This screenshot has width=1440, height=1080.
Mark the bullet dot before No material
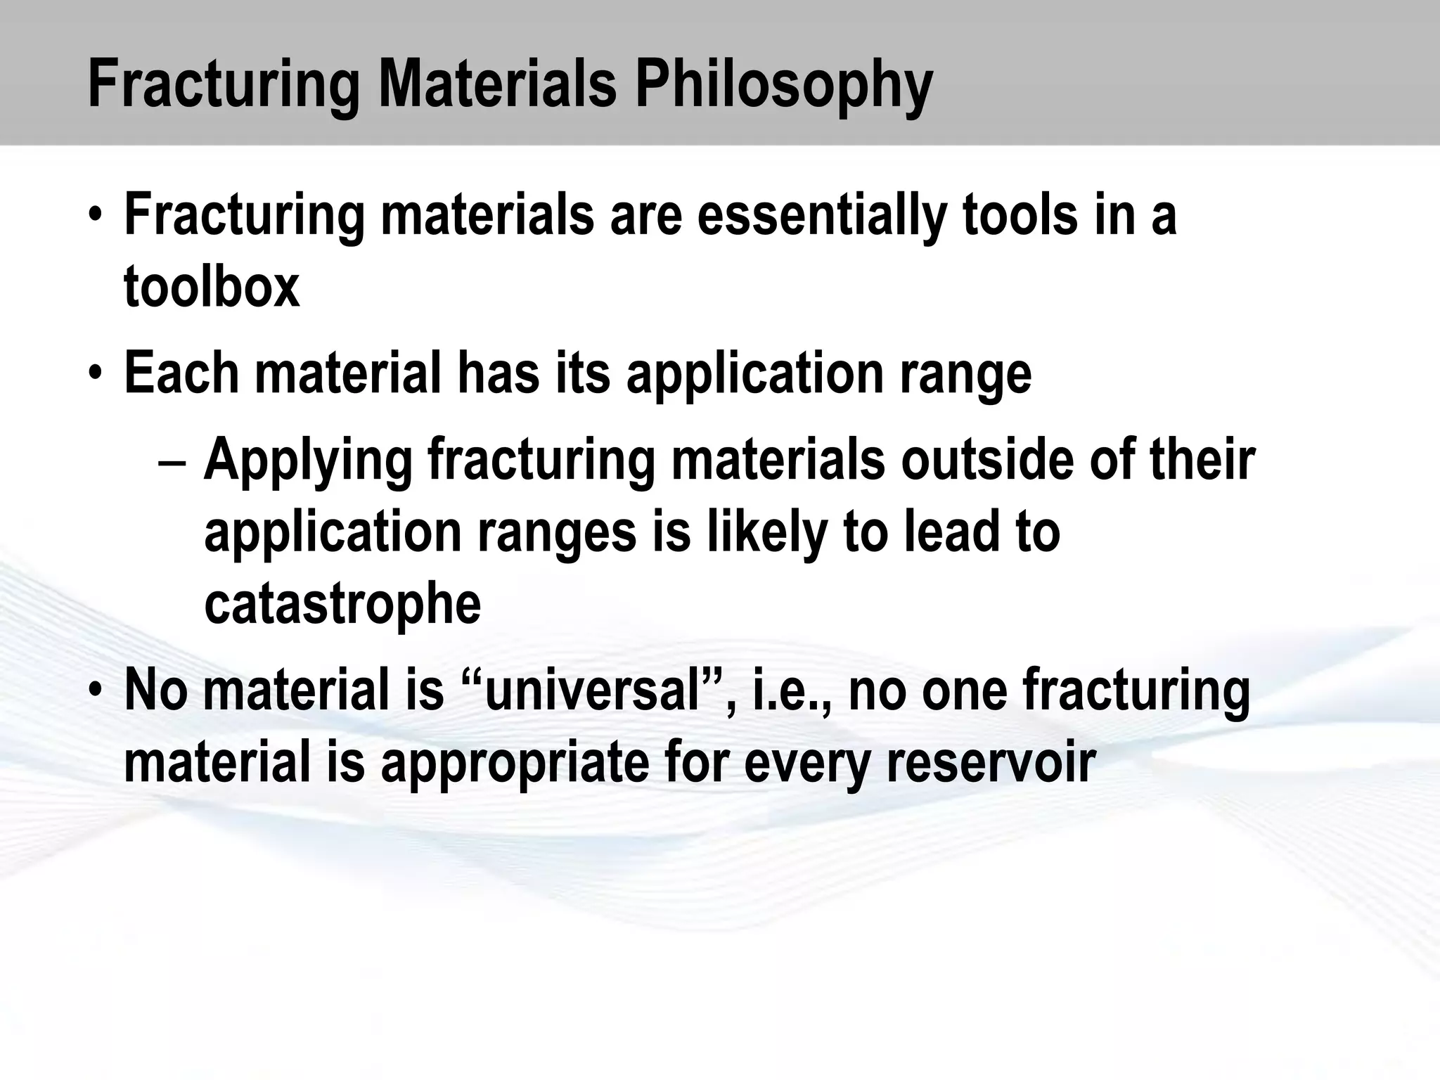96,690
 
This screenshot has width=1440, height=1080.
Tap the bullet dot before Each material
96,373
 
